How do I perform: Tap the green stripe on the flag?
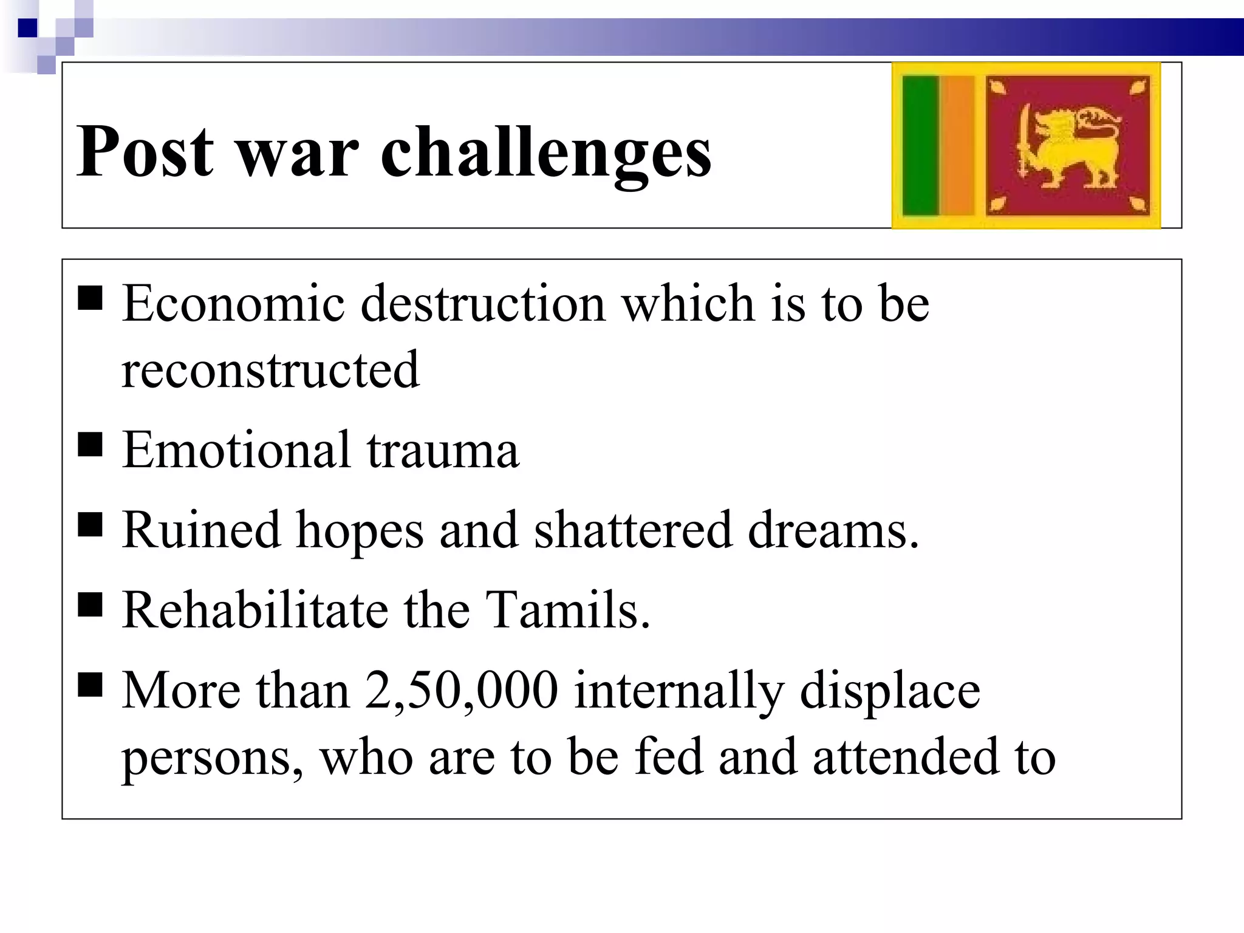tap(920, 146)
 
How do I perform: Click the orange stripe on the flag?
tap(957, 146)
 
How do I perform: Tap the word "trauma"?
tap(443, 450)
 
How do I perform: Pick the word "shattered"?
tap(632, 530)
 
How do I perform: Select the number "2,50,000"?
tap(462, 691)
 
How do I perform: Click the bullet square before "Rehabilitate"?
tap(90, 605)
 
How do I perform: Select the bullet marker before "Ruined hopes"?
tap(90, 525)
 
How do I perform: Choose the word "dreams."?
tap(833, 530)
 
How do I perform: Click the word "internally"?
tap(678, 691)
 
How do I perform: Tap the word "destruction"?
tap(483, 303)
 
